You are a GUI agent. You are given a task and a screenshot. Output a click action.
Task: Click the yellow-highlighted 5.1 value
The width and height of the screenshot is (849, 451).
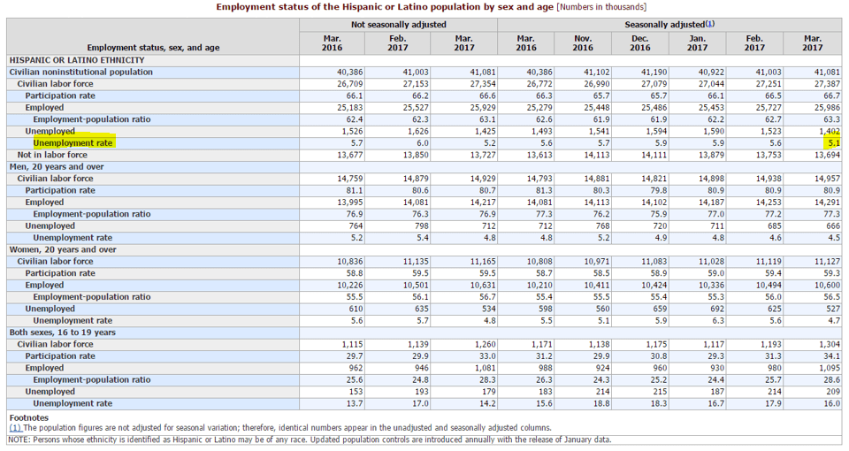coord(834,143)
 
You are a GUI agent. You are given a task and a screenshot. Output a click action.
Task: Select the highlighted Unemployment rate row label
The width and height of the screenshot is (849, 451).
coord(73,143)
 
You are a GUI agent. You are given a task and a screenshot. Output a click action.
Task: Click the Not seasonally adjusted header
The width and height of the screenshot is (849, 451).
coord(399,25)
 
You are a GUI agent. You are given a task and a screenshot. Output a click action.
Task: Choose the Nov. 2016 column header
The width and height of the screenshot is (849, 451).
coord(583,42)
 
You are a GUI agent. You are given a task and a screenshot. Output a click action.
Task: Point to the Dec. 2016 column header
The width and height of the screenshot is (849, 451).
coord(640,42)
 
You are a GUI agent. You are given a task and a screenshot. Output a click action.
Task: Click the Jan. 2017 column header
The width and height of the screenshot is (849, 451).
coord(698,42)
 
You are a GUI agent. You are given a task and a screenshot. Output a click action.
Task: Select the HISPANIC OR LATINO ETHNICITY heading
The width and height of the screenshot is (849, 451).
coord(77,60)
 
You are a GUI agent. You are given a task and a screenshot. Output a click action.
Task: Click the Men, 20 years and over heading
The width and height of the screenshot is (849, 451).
coord(61,167)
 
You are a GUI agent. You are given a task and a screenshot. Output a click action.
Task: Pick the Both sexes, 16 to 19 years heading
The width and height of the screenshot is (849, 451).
coord(62,333)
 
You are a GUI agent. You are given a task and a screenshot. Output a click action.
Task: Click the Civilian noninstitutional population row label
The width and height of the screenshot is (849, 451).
coord(80,72)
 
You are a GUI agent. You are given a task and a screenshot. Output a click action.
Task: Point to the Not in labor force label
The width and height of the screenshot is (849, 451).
coord(52,155)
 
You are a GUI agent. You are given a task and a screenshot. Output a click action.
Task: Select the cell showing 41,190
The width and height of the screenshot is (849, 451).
coord(655,72)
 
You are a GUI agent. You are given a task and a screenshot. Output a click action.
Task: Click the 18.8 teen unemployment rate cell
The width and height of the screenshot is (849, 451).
coord(601,403)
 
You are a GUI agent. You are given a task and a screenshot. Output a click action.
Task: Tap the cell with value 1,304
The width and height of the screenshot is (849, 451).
coord(830,344)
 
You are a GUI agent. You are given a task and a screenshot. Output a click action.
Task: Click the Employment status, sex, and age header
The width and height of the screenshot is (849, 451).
coord(153,48)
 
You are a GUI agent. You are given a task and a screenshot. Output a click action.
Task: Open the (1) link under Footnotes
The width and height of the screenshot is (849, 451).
coord(15,428)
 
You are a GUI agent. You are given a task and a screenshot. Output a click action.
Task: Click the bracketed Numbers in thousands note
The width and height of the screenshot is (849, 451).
coord(601,7)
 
